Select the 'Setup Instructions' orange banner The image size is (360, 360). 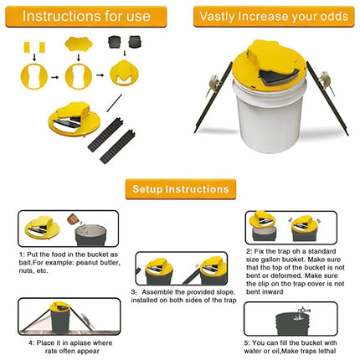coord(179,189)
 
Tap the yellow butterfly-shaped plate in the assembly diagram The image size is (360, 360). coord(80,45)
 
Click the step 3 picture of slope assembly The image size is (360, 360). coord(178,267)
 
